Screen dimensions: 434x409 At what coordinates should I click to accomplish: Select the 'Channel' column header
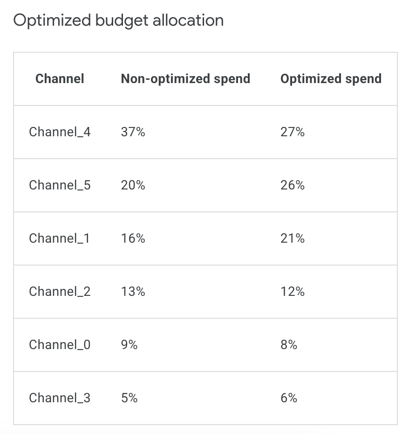[x=60, y=78]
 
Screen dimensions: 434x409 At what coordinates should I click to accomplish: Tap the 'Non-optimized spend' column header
[x=185, y=78]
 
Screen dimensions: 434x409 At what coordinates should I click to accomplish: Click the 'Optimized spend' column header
[x=331, y=78]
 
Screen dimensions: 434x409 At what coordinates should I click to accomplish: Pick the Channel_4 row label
[x=60, y=132]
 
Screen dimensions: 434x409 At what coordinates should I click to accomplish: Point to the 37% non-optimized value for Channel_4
[x=133, y=132]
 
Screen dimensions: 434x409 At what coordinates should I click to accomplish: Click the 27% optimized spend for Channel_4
[x=293, y=132]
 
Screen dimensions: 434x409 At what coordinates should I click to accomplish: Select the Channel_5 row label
[x=60, y=185]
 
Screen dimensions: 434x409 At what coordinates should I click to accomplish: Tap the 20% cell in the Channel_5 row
[x=133, y=185]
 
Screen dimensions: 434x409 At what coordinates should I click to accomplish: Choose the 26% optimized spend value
[x=293, y=185]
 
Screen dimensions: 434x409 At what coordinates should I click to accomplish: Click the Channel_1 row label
[x=59, y=238]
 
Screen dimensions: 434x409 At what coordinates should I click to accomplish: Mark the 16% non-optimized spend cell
[x=133, y=238]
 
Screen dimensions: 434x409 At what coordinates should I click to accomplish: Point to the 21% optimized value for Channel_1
[x=293, y=238]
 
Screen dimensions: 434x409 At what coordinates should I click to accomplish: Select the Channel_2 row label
[x=60, y=292]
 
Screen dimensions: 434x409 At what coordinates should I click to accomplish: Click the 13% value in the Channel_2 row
[x=133, y=292]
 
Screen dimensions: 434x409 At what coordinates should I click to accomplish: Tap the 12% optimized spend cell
[x=293, y=292]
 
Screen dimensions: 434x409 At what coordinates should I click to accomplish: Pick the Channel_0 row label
[x=60, y=345]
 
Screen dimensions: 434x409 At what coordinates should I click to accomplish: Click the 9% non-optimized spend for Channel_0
[x=129, y=345]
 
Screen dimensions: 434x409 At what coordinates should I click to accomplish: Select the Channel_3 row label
[x=60, y=398]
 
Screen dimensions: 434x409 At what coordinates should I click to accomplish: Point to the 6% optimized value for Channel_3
[x=289, y=398]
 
